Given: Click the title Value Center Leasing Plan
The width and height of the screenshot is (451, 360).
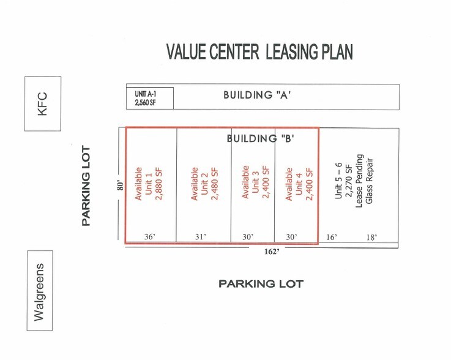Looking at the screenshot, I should (x=259, y=52).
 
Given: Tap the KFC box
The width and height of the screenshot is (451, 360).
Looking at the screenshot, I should (x=43, y=103).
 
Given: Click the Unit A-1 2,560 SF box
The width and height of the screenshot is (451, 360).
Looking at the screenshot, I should (x=150, y=98).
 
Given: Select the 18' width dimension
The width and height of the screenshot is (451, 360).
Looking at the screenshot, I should (x=371, y=237).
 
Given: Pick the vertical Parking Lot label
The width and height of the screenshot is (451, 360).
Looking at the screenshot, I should (x=86, y=186).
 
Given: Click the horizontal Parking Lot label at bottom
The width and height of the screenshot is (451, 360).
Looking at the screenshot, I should (x=261, y=284).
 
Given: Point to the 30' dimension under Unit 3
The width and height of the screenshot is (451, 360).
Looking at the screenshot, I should (x=247, y=237).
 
